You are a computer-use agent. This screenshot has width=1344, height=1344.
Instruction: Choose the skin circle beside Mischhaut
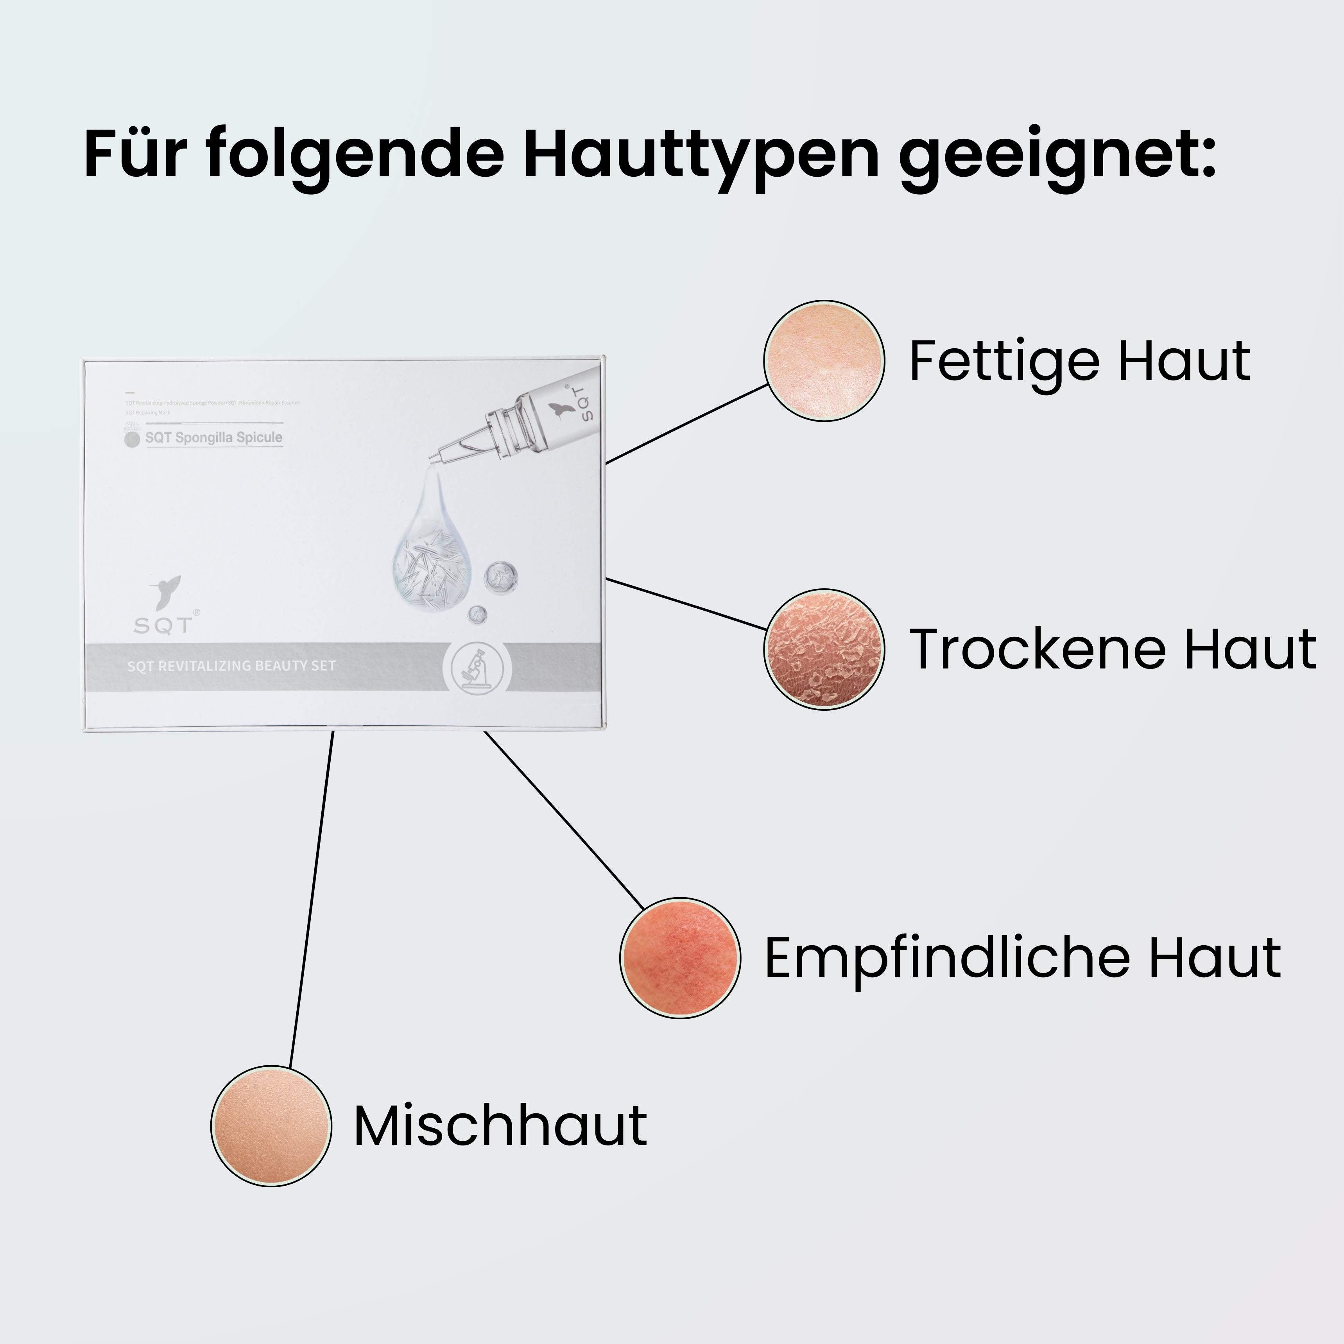coord(271,1125)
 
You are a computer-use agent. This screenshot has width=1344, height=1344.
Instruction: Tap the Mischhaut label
coord(500,1125)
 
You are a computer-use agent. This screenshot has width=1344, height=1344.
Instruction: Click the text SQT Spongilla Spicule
coord(213,437)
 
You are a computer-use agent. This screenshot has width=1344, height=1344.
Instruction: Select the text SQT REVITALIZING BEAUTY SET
coord(232,666)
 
